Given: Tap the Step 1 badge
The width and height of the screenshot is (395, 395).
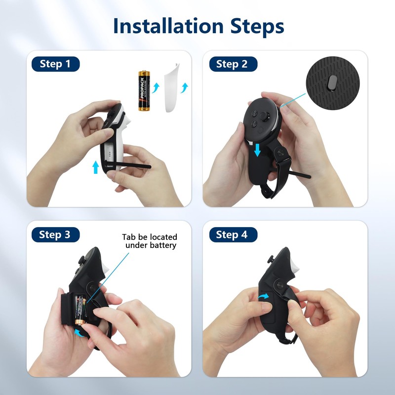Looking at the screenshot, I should (55, 64).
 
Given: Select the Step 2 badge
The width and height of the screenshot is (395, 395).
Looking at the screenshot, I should (232, 64).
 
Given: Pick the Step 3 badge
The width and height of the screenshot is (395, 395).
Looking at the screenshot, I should (55, 235).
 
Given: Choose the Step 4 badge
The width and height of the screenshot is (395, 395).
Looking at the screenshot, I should (232, 235).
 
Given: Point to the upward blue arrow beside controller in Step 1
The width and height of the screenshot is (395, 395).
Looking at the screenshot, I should (95, 166).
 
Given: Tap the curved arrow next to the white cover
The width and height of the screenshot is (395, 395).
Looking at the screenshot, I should (185, 88).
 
